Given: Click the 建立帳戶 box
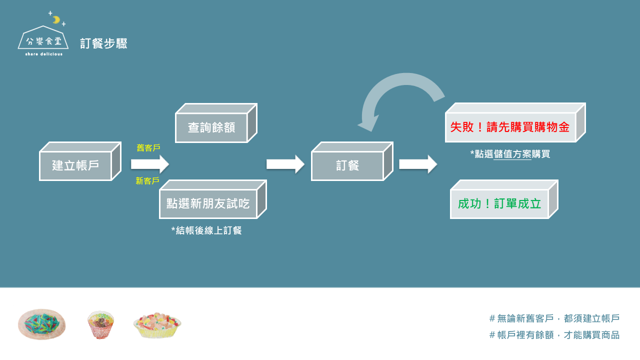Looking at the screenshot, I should [x=75, y=165].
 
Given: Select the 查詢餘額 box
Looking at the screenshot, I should [x=211, y=127].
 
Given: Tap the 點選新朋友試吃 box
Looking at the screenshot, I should [x=208, y=203].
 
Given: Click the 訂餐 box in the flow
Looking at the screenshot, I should [x=347, y=165].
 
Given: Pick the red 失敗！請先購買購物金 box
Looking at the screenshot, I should [x=510, y=127].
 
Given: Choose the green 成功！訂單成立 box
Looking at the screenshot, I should [x=499, y=204].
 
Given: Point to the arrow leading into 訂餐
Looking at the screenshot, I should [x=285, y=164].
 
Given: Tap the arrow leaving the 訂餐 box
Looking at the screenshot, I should [x=418, y=164].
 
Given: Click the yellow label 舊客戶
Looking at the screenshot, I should [x=148, y=148].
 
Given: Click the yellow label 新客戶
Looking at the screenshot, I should [x=147, y=181].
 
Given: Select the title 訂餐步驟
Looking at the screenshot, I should [x=103, y=43].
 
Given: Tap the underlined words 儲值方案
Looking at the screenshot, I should [x=512, y=154].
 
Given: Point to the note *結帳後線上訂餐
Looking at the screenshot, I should [x=206, y=230].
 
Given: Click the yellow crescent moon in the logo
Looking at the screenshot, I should [x=56, y=20].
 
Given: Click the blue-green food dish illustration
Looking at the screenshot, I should [x=41, y=324].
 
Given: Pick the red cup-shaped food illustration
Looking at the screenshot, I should [x=100, y=324].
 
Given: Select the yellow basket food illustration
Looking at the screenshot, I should [x=157, y=325].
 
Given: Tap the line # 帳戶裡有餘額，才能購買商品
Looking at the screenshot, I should [x=554, y=335].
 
